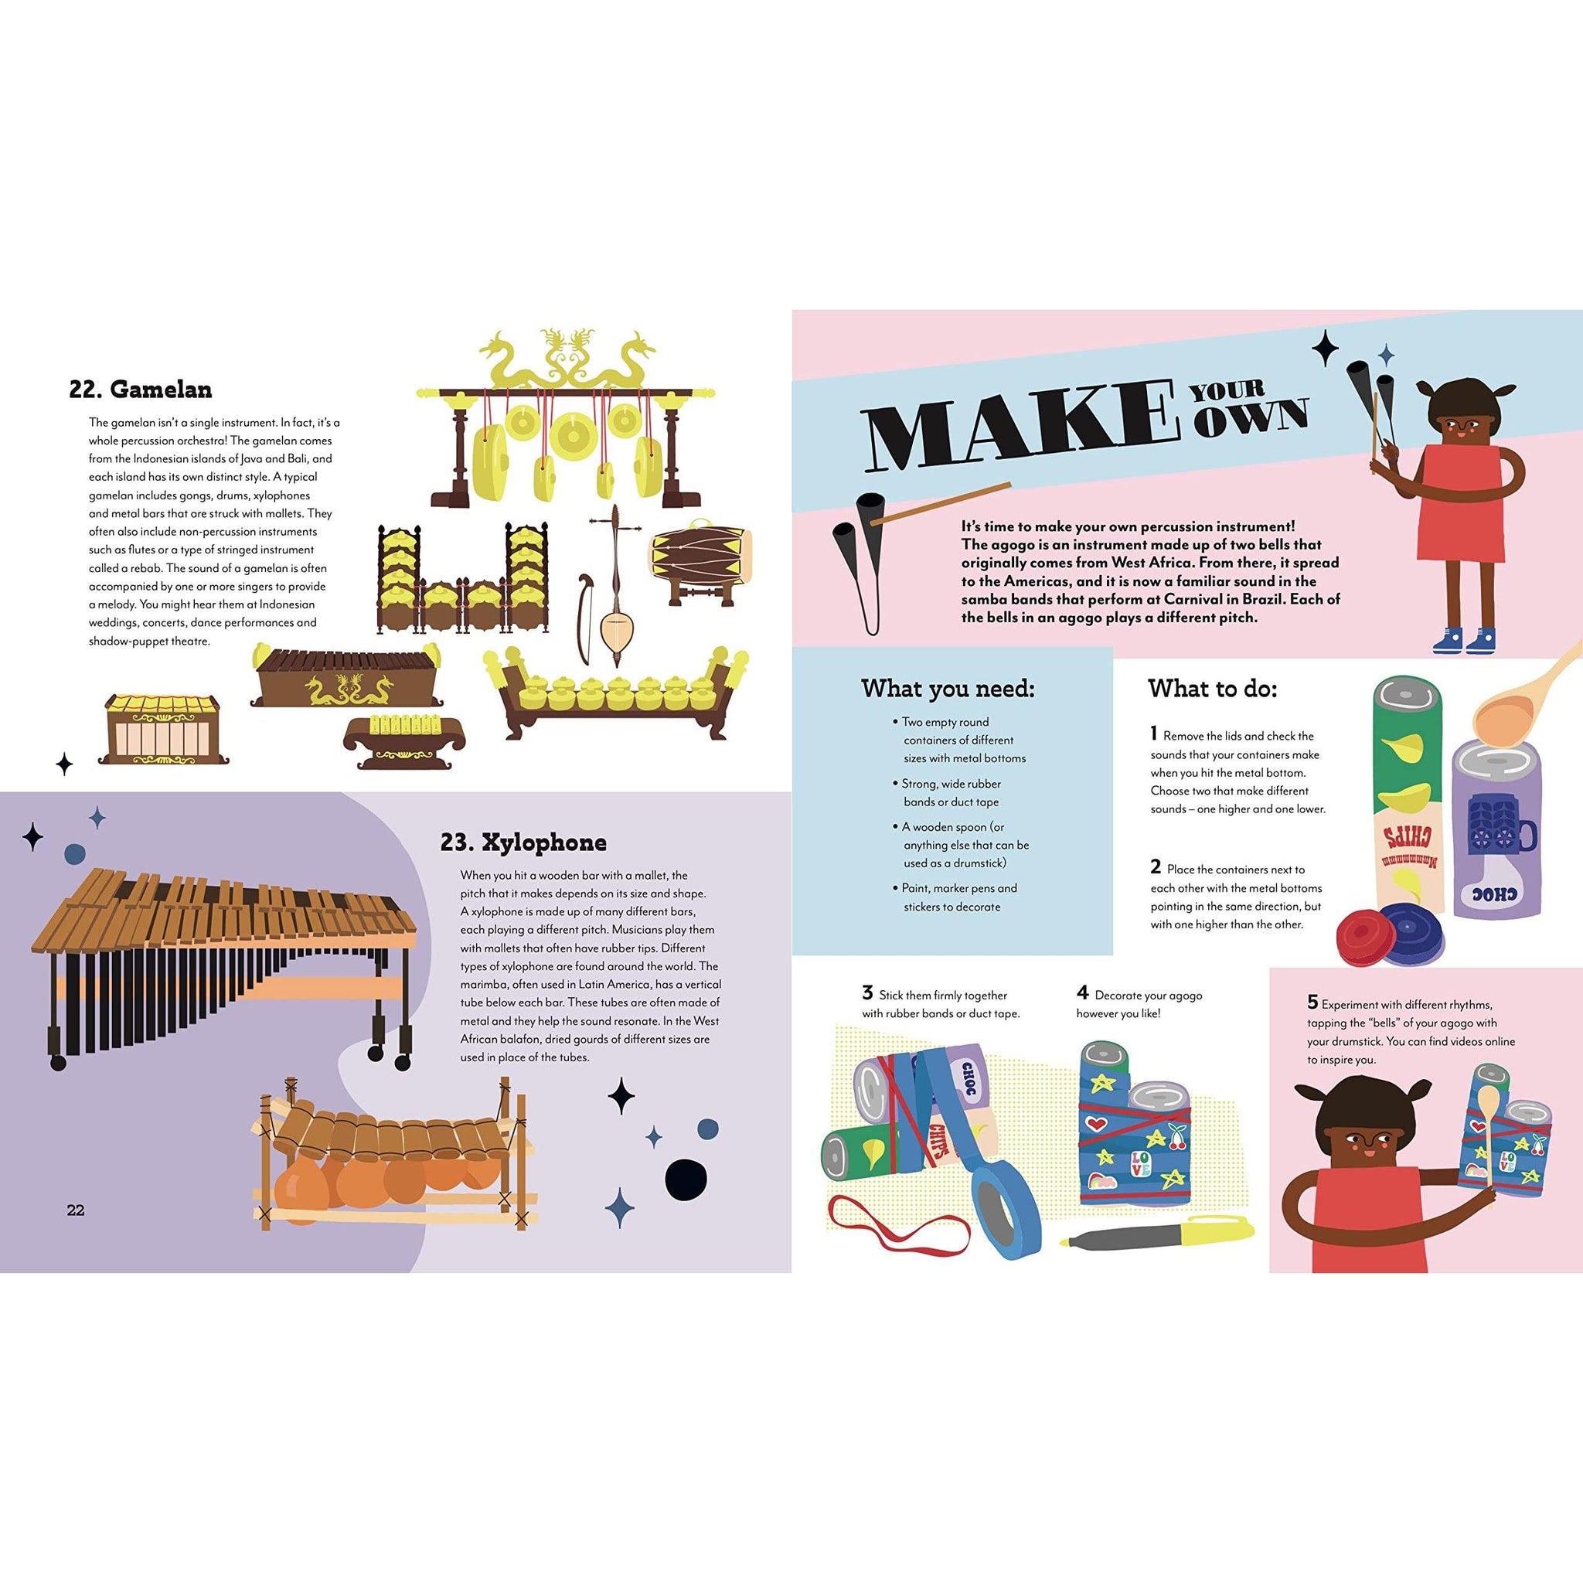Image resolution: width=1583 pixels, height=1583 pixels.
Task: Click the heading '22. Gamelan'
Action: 140,390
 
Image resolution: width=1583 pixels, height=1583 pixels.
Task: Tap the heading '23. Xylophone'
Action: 523,843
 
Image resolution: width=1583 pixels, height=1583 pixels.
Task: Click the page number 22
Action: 76,1210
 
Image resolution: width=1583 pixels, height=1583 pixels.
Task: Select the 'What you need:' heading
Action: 947,689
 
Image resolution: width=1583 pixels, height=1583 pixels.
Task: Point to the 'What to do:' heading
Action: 1212,689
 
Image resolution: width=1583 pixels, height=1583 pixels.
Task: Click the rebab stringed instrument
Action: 611,585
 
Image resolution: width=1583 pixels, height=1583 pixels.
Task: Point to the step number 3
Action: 867,993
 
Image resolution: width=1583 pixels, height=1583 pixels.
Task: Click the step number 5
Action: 1312,1001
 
